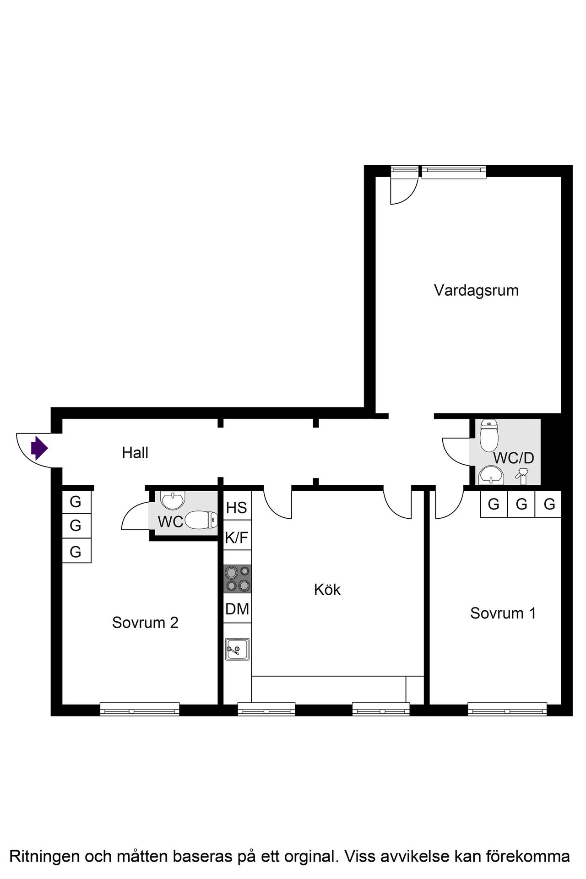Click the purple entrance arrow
point(39,448)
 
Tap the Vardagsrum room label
point(476,291)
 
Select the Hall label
point(135,453)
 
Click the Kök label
point(327,590)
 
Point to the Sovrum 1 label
point(503,613)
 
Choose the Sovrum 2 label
point(145,623)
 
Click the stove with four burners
point(238,579)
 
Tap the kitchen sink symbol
point(237,649)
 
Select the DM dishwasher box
point(237,609)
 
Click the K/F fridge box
point(237,537)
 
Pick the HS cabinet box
point(237,508)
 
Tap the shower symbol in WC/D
point(522,475)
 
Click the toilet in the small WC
point(201,520)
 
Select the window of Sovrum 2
point(140,711)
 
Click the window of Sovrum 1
point(507,711)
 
